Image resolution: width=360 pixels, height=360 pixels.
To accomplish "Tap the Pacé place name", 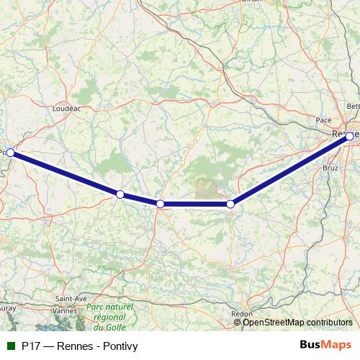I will coord(323,120).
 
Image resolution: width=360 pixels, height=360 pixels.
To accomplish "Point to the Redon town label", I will coord(240,314).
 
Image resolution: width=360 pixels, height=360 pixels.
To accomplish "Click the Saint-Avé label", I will coord(72,299).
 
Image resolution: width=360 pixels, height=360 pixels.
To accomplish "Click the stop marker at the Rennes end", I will coord(350,136).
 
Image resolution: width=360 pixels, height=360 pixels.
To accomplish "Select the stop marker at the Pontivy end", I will coord(11,153).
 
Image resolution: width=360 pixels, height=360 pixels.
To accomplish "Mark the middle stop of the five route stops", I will coord(161,204).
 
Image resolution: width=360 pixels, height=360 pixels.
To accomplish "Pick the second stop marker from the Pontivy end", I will coord(120,194).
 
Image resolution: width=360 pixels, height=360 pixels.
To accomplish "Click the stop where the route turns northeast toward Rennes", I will coord(230,204).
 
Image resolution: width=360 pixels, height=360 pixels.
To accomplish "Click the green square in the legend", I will coord(10,346).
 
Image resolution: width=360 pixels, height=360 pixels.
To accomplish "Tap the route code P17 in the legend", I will coord(30,346).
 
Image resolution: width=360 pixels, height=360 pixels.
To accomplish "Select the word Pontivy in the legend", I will coord(119,346).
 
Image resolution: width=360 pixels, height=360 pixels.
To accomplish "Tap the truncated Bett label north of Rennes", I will coord(353,106).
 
